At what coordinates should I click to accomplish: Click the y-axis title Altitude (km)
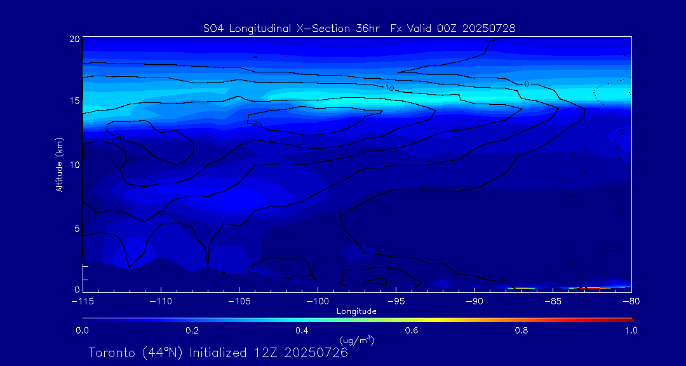coord(59,164)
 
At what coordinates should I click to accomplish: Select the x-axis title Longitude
coord(356,311)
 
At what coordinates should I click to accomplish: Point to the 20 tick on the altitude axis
coord(74,39)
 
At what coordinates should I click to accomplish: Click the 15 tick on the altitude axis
coord(74,101)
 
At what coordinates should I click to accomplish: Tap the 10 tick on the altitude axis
coord(74,165)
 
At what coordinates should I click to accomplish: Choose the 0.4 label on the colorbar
coord(302,330)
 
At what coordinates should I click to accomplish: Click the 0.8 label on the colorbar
coord(521,330)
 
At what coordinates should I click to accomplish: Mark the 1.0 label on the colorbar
coord(631,330)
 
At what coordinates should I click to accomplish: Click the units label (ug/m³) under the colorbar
coord(357,341)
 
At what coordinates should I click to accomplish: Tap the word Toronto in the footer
coord(112,353)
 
